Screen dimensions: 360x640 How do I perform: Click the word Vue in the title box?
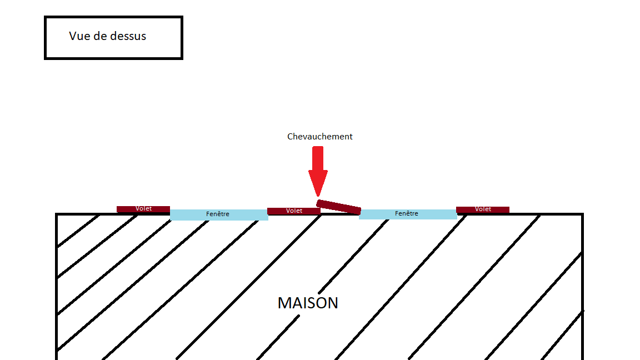(79, 36)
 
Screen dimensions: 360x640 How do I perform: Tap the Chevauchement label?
(319, 137)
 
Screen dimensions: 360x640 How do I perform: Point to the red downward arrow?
(318, 167)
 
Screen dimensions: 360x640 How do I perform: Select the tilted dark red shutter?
(338, 207)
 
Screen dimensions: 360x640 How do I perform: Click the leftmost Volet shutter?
(143, 209)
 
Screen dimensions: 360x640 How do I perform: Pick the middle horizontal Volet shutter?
(294, 211)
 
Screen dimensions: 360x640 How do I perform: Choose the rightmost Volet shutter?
(483, 209)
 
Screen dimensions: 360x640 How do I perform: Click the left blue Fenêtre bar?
(219, 214)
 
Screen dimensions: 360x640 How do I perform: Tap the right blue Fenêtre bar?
(408, 214)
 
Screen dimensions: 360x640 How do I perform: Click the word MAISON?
(308, 303)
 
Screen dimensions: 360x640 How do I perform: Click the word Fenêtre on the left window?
(218, 214)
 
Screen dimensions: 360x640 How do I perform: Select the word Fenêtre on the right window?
(407, 213)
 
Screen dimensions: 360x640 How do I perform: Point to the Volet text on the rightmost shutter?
(483, 209)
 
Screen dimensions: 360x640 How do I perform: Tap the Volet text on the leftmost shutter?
(144, 209)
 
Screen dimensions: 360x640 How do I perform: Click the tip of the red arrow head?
(318, 195)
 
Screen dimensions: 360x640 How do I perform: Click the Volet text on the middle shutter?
(294, 211)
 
